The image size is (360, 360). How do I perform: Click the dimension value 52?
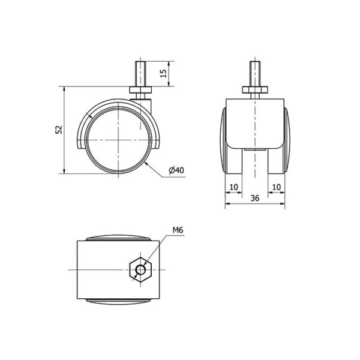pos(59,130)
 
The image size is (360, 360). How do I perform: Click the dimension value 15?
pos(163,73)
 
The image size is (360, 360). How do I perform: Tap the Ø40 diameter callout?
pos(176,170)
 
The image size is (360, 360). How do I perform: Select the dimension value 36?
pos(255,198)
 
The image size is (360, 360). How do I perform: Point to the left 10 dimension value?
pos(234,187)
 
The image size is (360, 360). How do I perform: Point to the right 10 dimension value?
pos(276,187)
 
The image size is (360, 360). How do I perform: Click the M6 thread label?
pos(178,230)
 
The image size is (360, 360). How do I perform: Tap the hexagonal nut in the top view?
pos(140,269)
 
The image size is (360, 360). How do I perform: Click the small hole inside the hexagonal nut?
pos(140,269)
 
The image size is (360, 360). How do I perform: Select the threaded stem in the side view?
pos(140,74)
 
